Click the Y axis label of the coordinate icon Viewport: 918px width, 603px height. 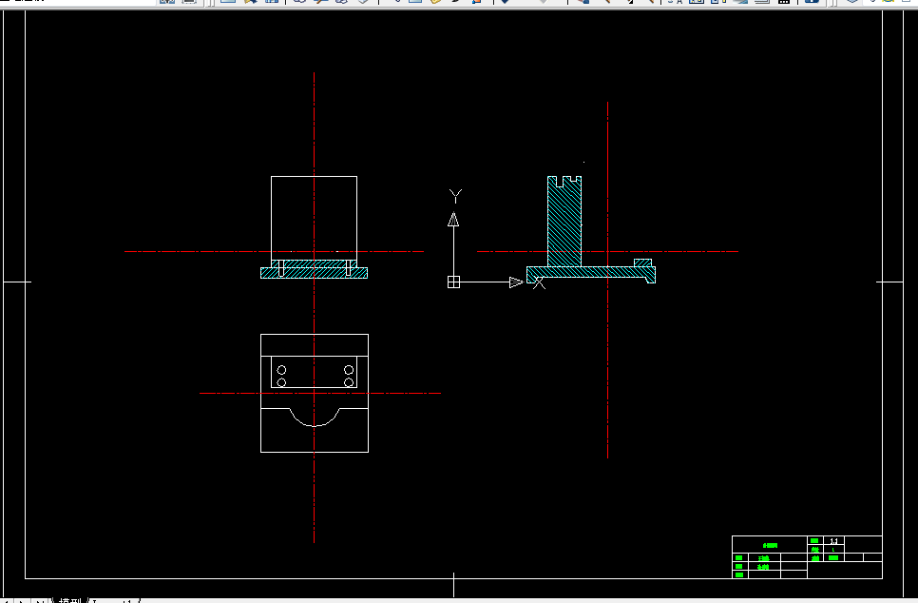tap(456, 197)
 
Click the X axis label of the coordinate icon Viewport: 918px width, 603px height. tap(539, 282)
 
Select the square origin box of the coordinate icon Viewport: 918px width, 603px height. tap(454, 282)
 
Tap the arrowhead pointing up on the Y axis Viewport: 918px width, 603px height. tap(454, 220)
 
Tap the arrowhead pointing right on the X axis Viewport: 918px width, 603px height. tap(516, 282)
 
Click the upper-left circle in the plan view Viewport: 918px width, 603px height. tap(281, 369)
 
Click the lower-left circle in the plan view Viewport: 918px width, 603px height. tap(281, 382)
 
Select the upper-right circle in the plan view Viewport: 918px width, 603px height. tap(349, 369)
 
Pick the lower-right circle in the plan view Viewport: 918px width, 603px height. tap(349, 382)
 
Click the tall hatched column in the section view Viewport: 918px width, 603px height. tap(564, 224)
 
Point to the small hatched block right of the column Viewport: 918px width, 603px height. tap(643, 263)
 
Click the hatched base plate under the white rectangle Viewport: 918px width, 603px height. tap(315, 272)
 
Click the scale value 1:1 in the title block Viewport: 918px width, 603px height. tap(833, 540)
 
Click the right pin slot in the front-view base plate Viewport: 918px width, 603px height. tap(349, 265)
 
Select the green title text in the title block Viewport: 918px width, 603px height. tap(770, 545)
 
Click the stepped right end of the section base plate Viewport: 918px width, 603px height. tap(649, 276)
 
